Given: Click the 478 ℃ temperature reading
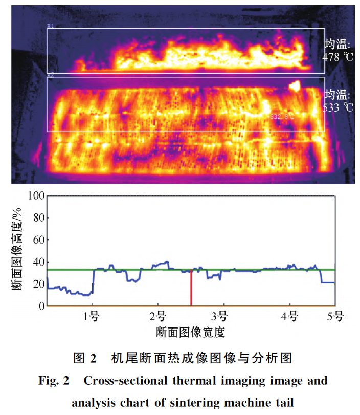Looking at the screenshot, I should [x=337, y=57].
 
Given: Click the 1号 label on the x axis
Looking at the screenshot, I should [x=92, y=316].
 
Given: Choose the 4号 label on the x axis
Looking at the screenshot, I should [x=289, y=316].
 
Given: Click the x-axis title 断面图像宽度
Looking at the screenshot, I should [x=190, y=332].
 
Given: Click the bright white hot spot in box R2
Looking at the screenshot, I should [x=294, y=86].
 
